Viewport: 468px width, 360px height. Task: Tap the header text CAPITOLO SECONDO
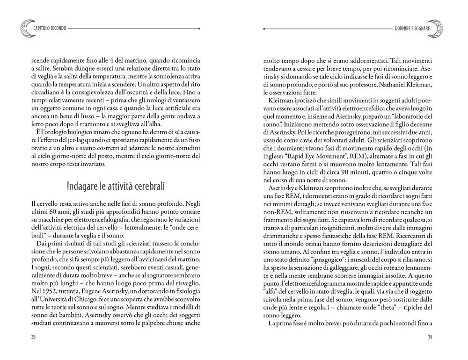coord(50,29)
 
